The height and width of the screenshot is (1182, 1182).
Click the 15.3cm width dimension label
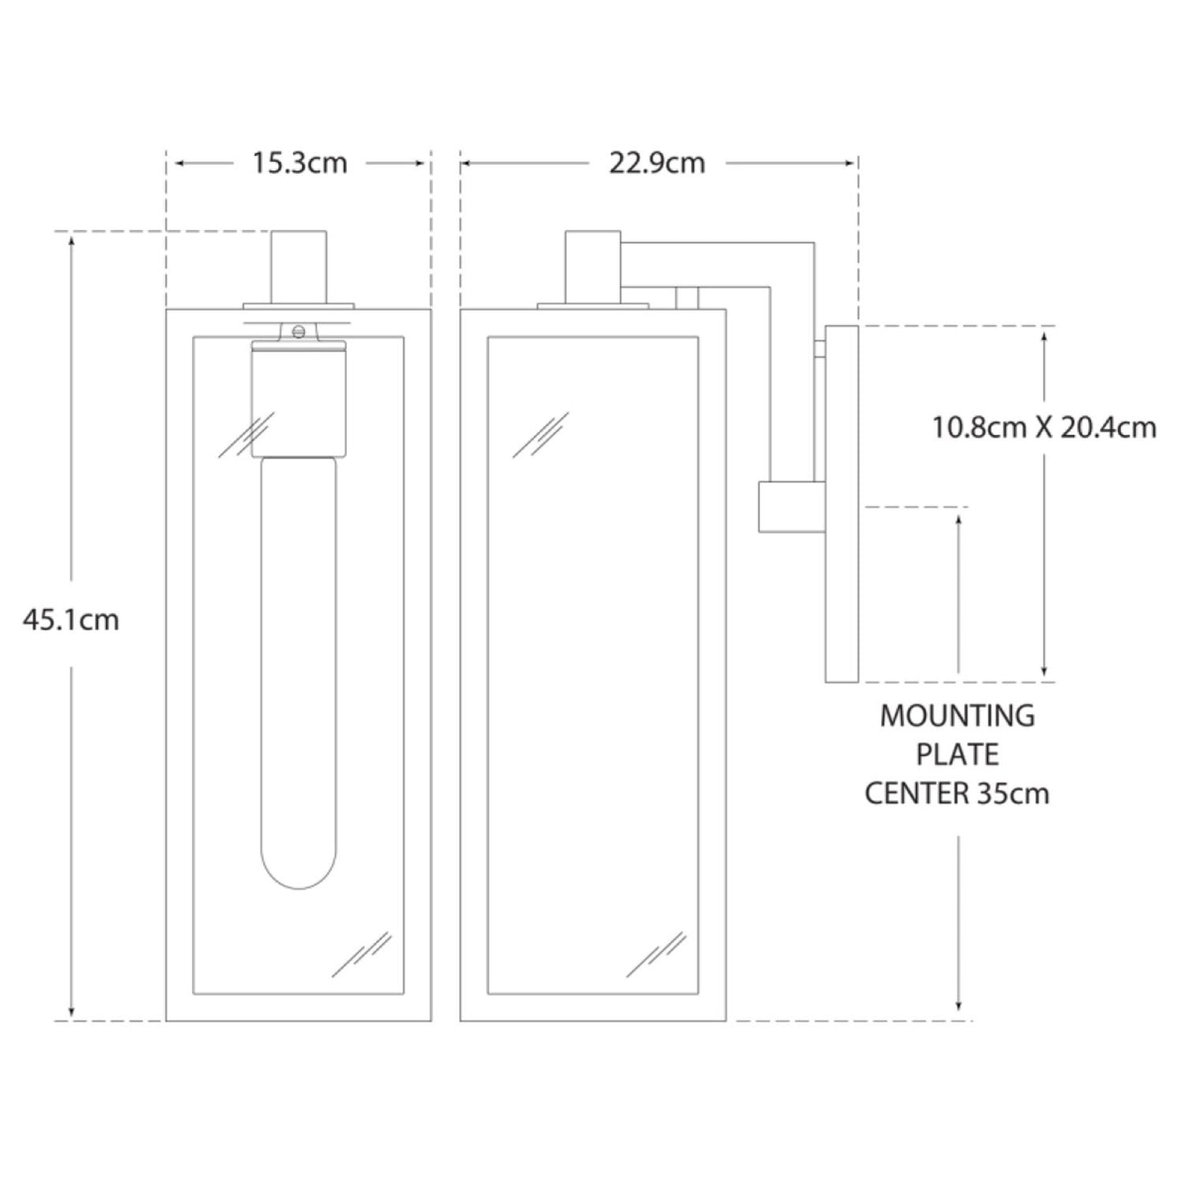pos(299,164)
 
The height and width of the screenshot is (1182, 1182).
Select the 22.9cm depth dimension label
pos(657,164)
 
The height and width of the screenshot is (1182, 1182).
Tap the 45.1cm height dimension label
pos(71,620)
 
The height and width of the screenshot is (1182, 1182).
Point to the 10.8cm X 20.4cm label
pos(1044,428)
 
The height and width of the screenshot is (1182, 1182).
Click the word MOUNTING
pos(958,716)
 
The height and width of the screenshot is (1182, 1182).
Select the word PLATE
pos(958,754)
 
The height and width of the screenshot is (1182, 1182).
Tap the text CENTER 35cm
pos(958,793)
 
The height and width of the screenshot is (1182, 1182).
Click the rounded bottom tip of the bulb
pos(299,888)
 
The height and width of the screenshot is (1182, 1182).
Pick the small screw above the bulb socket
pos(299,332)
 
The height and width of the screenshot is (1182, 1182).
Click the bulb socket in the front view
pos(299,402)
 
